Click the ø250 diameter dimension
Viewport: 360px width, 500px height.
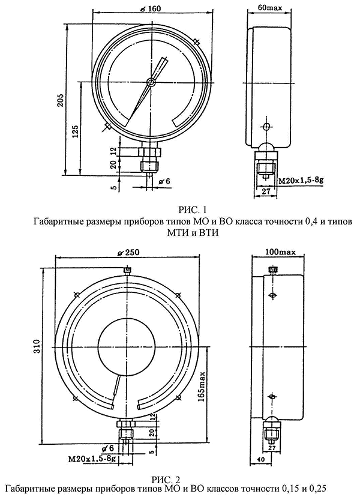click(x=124, y=252)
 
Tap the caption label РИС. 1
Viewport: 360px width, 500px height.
click(x=193, y=209)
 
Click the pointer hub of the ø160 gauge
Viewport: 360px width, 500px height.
click(x=152, y=83)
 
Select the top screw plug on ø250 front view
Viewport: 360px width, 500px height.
click(x=125, y=271)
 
